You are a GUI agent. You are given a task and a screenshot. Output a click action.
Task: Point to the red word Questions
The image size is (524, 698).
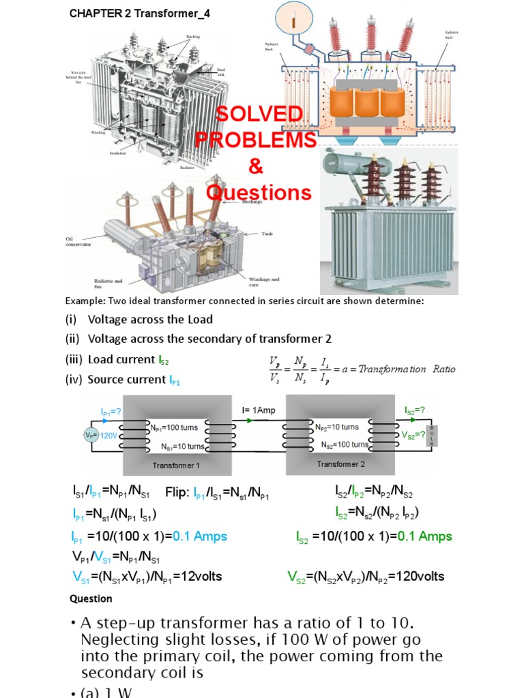tap(259, 193)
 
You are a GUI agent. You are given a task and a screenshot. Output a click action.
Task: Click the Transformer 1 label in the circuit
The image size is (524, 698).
tap(176, 466)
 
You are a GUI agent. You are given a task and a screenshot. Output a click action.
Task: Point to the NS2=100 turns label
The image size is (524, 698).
tap(345, 444)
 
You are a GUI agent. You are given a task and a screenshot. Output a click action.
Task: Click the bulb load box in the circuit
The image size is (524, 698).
tap(431, 434)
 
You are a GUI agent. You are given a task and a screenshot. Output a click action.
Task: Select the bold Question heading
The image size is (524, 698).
tap(91, 598)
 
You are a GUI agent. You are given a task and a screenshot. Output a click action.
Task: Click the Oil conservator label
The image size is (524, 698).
tap(78, 243)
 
